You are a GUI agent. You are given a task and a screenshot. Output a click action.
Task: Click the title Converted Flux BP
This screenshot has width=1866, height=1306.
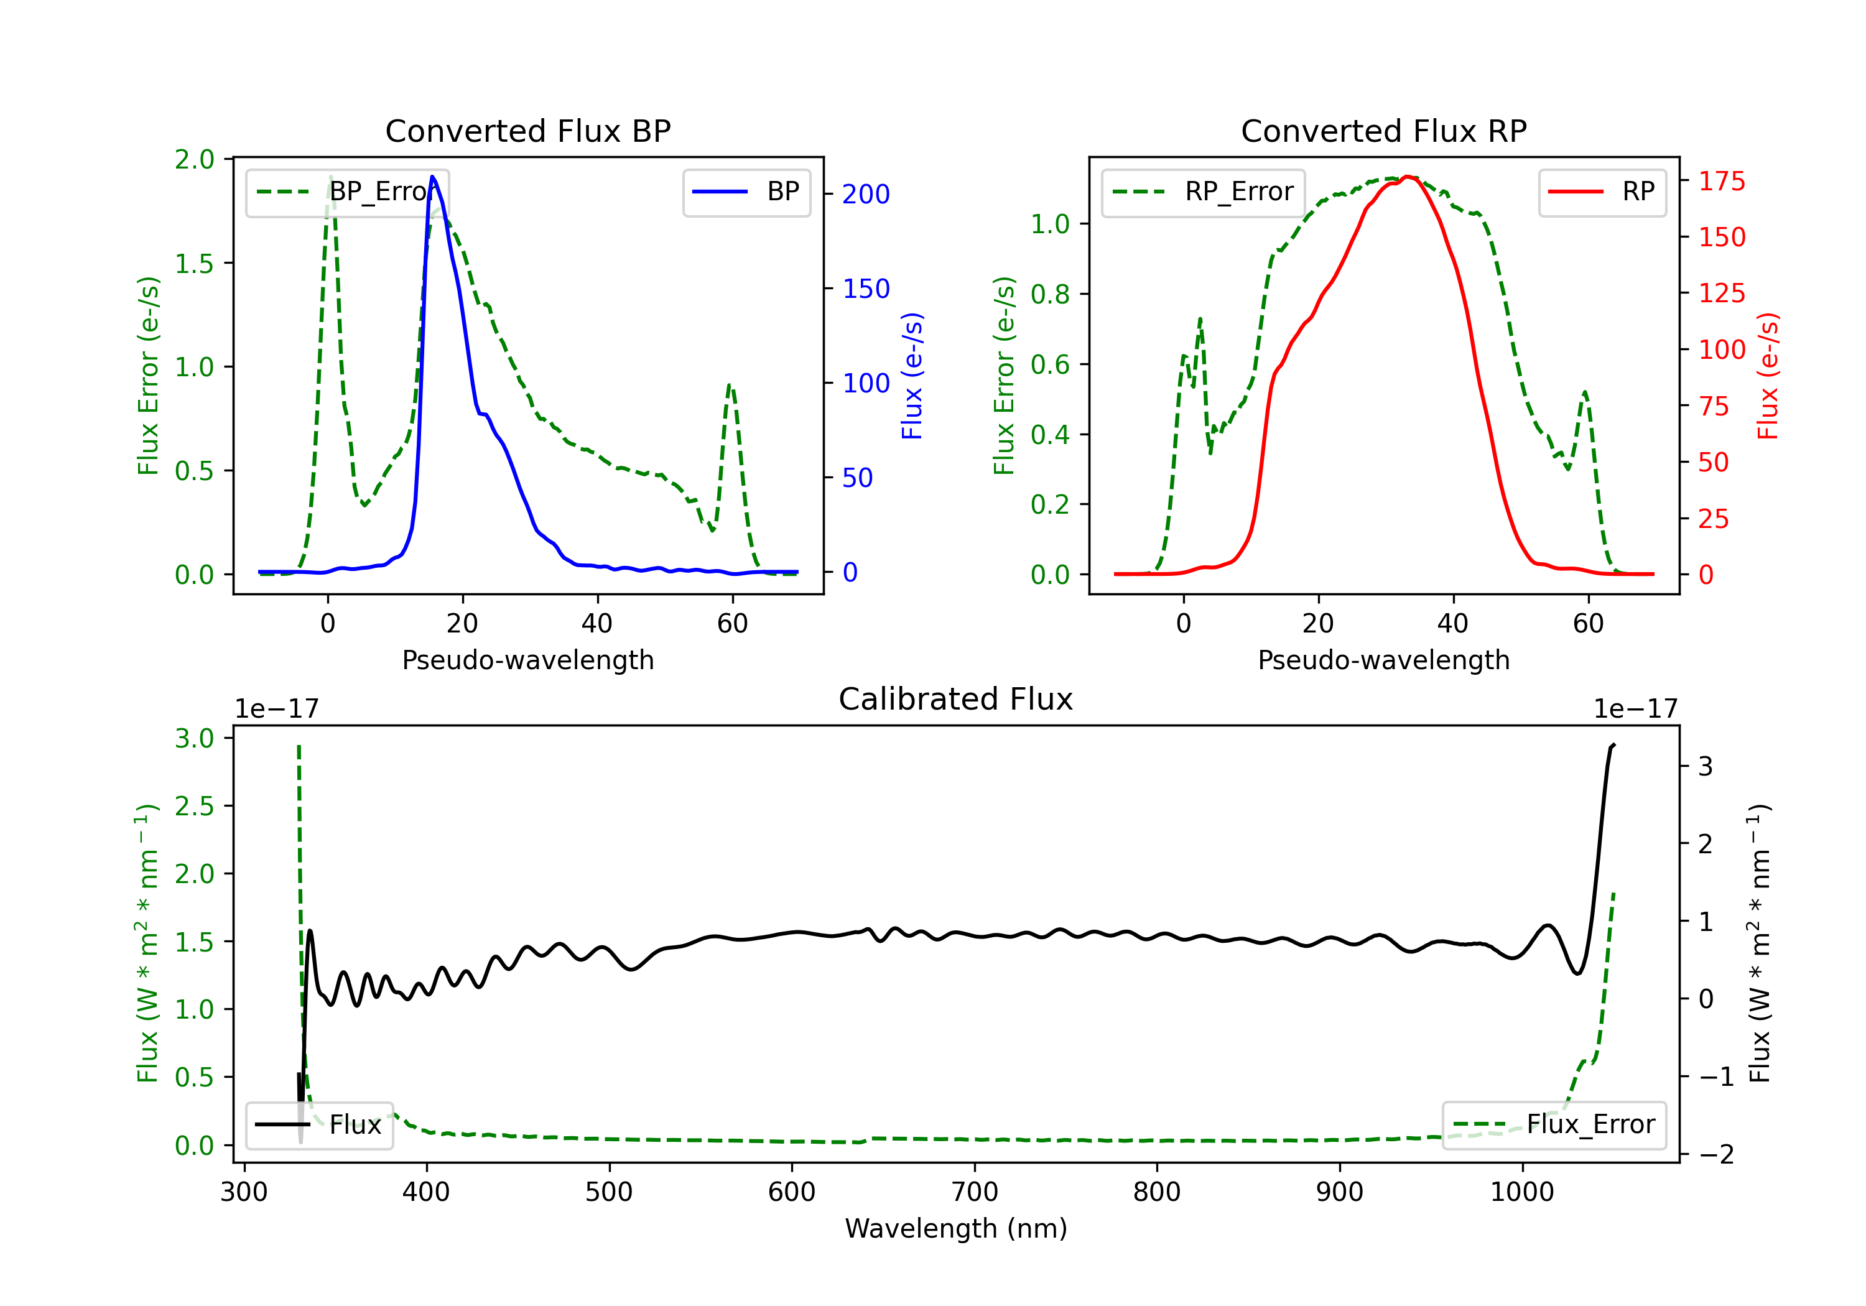(x=527, y=131)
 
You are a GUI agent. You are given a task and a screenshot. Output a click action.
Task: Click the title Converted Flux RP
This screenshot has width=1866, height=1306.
(x=1383, y=131)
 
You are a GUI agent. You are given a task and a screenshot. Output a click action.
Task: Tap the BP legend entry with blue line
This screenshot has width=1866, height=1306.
(x=746, y=192)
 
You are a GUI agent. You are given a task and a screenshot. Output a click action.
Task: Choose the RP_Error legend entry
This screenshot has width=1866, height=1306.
(x=1203, y=192)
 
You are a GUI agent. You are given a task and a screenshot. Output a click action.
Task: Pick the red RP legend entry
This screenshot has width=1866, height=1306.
(x=1601, y=192)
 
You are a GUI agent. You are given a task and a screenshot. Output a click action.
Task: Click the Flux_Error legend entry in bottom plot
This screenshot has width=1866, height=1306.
(x=1553, y=1125)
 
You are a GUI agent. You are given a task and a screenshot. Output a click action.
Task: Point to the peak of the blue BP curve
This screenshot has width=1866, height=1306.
(x=432, y=177)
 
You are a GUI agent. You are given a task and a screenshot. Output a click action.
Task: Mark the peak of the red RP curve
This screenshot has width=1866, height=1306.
(x=1408, y=177)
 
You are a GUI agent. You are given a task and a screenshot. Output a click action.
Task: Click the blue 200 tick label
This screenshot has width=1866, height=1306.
(x=866, y=194)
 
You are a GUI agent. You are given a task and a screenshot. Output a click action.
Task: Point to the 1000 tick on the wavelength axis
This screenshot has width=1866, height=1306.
(x=1522, y=1192)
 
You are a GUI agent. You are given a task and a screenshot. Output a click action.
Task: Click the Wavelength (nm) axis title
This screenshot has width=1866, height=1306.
(x=956, y=1228)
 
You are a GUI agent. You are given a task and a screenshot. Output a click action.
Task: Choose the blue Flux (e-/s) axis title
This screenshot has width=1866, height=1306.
(x=912, y=376)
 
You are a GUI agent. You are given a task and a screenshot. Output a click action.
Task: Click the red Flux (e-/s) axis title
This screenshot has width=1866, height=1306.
(x=1768, y=376)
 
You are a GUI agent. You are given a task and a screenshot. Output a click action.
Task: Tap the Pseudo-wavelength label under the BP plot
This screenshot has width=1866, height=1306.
(x=528, y=660)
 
